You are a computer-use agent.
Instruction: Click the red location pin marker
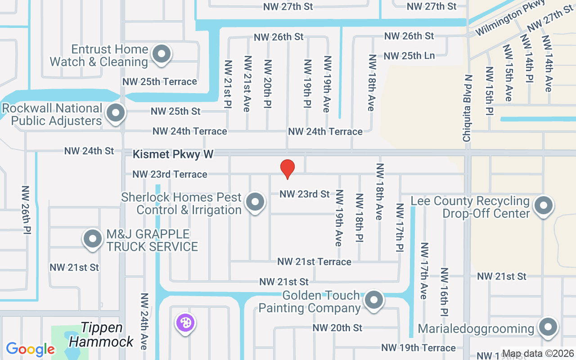click(x=288, y=169)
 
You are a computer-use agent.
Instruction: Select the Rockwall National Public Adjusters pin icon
click(x=116, y=112)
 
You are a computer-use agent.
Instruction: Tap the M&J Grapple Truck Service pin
click(x=93, y=238)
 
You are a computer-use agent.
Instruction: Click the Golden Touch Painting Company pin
click(x=373, y=300)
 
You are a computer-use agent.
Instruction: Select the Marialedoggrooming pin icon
click(x=548, y=327)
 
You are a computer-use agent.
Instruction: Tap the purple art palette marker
click(x=185, y=323)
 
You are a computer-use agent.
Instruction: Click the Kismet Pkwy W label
click(x=173, y=154)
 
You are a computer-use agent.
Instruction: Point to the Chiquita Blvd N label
click(x=468, y=108)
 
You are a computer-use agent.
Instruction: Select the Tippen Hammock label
click(x=102, y=335)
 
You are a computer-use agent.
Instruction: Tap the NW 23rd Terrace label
click(x=170, y=174)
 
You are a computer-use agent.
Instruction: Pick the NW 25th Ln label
click(x=409, y=56)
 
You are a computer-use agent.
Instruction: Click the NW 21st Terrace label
click(x=314, y=261)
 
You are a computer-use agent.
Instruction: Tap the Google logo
click(x=30, y=349)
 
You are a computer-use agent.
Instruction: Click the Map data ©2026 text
click(x=538, y=353)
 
